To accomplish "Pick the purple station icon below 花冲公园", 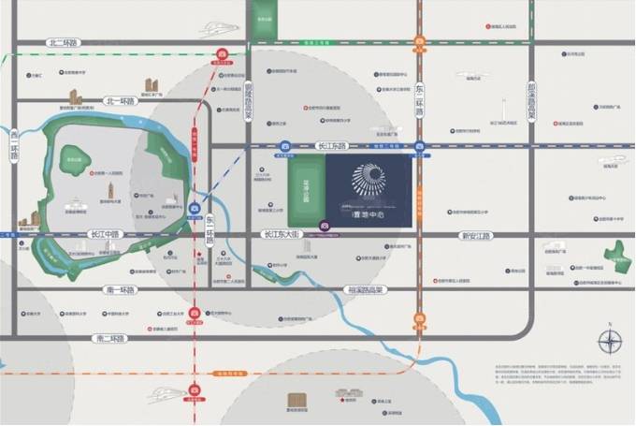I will click(325, 226).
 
